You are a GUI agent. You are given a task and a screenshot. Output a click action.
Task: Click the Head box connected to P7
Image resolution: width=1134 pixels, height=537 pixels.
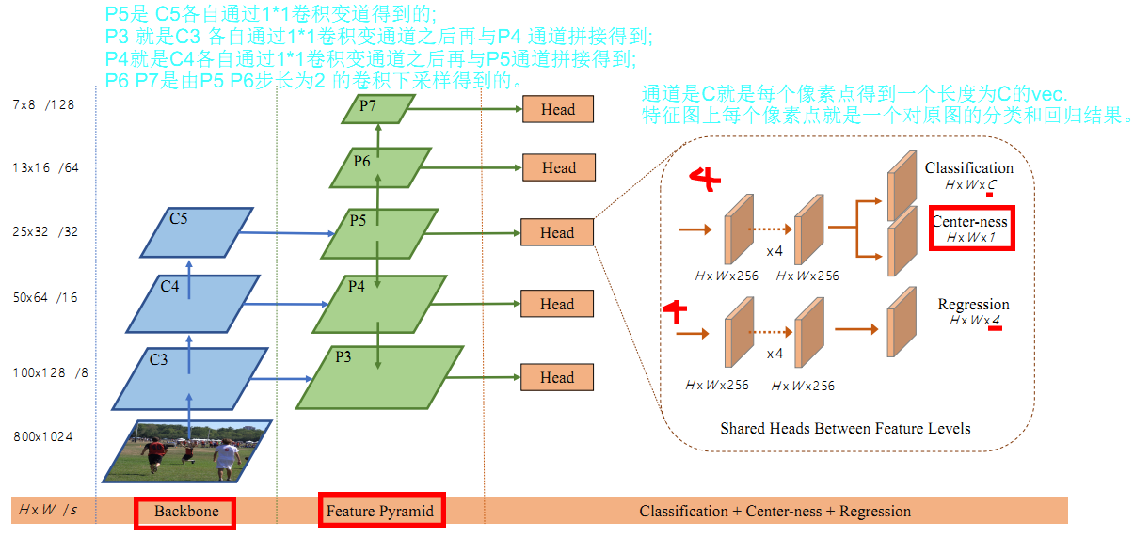pos(557,110)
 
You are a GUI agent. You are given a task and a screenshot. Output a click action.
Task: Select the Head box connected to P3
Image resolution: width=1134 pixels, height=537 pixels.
pos(557,377)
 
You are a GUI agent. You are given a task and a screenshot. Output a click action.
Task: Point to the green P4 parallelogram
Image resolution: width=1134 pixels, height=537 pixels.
pos(376,303)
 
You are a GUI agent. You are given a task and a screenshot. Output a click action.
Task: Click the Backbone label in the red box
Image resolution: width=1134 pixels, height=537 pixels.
pos(185,512)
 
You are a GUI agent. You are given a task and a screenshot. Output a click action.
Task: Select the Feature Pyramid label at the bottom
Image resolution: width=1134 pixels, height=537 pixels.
pos(380,512)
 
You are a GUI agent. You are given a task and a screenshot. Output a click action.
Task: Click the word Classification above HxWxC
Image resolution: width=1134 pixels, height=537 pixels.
pos(968,168)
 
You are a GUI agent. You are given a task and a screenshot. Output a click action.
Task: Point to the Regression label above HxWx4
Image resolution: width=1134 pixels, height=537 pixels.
pos(973,305)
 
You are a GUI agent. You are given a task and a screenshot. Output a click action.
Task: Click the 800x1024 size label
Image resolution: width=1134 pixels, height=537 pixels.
pos(43,437)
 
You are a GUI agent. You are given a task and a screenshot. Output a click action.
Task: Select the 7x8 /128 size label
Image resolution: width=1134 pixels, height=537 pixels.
pos(43,105)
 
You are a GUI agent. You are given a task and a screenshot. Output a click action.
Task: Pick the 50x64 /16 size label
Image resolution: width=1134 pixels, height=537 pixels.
pos(45,298)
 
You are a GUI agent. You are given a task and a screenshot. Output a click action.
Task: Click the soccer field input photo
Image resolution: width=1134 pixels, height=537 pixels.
pos(188,450)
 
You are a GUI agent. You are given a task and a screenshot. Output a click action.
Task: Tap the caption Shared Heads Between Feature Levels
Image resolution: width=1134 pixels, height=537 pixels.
pos(844,428)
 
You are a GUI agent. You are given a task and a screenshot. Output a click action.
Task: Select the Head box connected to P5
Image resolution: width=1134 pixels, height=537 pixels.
pos(557,232)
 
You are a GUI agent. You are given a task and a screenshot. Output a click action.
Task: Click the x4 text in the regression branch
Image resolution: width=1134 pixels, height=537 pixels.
pos(775,354)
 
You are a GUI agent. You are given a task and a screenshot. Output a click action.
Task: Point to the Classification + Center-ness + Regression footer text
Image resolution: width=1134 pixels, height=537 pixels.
pos(775,512)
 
